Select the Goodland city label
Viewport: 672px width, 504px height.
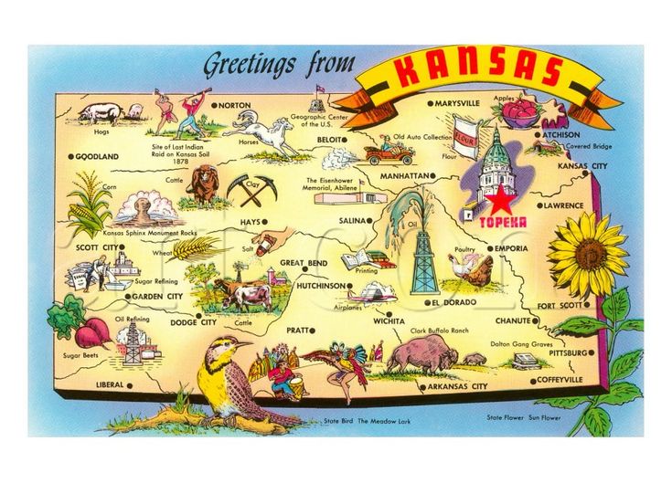97,156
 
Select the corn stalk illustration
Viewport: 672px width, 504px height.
91,205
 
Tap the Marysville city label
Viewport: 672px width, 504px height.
457,104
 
